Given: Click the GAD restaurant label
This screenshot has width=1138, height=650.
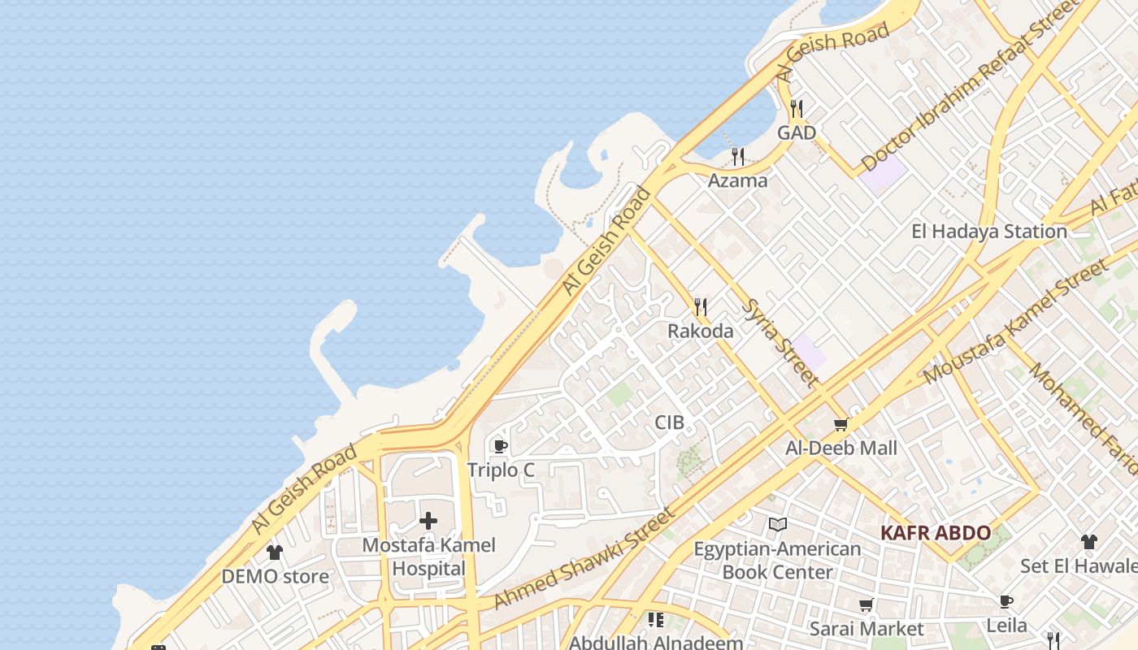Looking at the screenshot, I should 796,132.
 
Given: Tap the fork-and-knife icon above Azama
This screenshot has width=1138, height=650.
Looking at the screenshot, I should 737,156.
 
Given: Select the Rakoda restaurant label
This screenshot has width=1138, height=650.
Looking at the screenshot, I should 700,331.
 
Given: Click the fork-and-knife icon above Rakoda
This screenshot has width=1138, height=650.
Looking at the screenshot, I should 700,306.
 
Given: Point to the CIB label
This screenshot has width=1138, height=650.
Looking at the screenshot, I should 669,422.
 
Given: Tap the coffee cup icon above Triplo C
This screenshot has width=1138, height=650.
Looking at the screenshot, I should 501,446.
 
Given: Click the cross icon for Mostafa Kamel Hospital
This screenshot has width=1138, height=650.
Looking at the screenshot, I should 428,521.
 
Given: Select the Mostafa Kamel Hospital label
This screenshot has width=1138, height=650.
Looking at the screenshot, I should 428,557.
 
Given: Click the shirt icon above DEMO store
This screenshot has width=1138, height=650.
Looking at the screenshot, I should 275,552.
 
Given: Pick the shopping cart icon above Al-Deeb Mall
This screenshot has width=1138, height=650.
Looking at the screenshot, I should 841,424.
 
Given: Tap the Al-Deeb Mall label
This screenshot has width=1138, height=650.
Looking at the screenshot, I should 841,448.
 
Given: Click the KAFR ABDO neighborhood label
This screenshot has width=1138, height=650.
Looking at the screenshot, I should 936,534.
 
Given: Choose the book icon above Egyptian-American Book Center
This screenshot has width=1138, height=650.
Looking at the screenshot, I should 777,525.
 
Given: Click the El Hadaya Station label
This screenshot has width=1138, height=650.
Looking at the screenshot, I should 988,232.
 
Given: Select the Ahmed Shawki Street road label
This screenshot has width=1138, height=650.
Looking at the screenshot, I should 584,558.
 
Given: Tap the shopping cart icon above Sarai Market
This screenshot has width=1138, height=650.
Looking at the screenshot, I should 867,605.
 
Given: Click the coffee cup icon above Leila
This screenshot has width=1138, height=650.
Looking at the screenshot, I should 1006,602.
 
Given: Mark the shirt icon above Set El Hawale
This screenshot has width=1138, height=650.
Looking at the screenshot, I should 1088,542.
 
